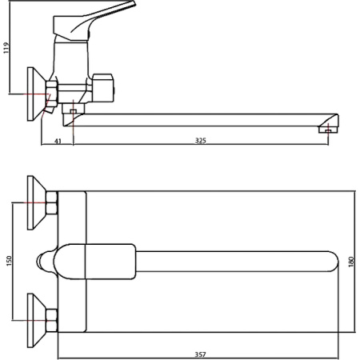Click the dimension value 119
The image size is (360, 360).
(x=6, y=48)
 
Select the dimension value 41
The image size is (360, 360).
(x=58, y=141)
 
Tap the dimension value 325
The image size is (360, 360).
(x=201, y=141)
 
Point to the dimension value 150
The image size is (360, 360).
(x=9, y=261)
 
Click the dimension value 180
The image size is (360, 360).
(x=351, y=262)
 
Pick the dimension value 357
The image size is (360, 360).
(x=200, y=354)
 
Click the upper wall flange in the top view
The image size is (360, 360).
(x=37, y=202)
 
